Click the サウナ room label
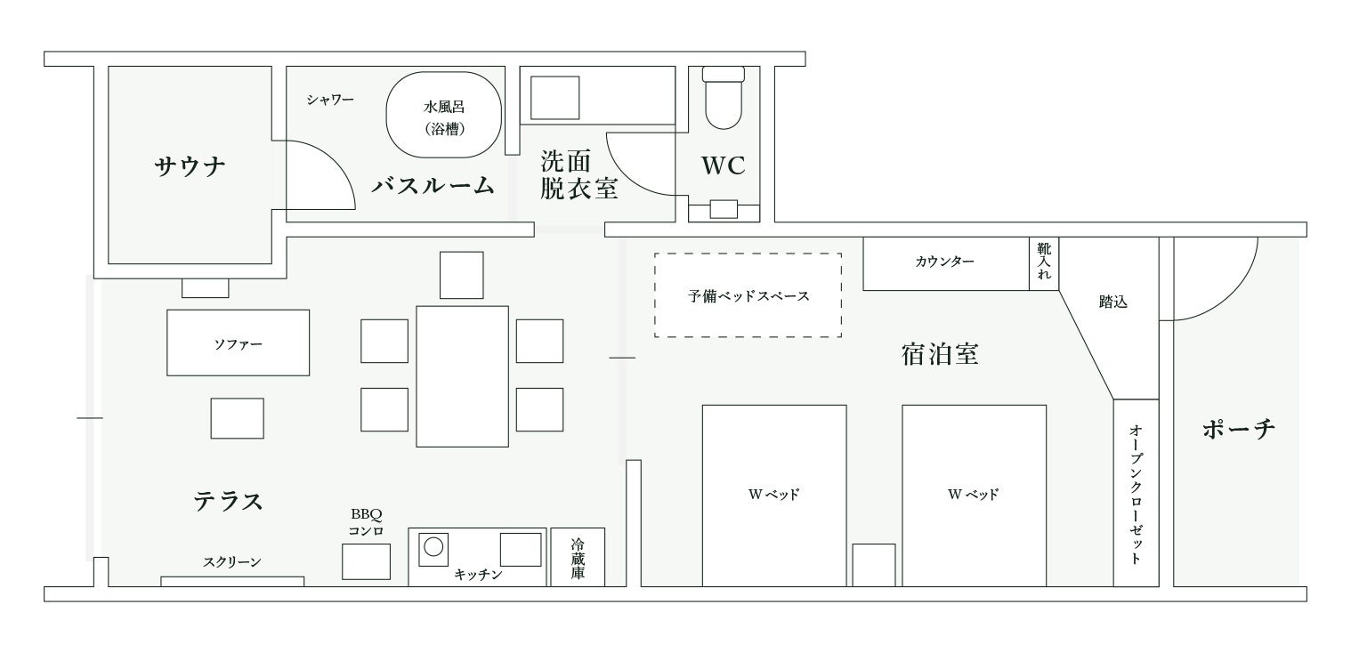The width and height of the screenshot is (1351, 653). (190, 165)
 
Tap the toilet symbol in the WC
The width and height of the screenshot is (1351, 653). (724, 98)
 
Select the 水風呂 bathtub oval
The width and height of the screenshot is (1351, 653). (443, 116)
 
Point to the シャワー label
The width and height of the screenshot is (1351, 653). (330, 100)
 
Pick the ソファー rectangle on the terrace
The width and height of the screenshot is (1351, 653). (239, 343)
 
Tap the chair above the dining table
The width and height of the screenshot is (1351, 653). (461, 275)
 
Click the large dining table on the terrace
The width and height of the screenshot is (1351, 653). (462, 376)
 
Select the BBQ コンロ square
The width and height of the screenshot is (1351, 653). (366, 561)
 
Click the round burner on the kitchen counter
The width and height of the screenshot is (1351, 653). (433, 547)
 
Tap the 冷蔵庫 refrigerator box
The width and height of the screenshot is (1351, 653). (578, 557)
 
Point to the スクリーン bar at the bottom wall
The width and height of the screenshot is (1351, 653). (232, 581)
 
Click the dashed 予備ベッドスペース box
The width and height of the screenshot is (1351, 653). (748, 294)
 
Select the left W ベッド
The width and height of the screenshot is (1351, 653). (774, 496)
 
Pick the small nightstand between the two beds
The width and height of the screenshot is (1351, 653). (874, 565)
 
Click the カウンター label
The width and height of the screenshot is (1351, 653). (944, 262)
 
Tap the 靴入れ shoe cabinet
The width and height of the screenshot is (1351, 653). (1044, 263)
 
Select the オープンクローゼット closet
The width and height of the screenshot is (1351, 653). (1137, 493)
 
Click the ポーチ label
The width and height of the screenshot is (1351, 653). (1238, 430)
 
